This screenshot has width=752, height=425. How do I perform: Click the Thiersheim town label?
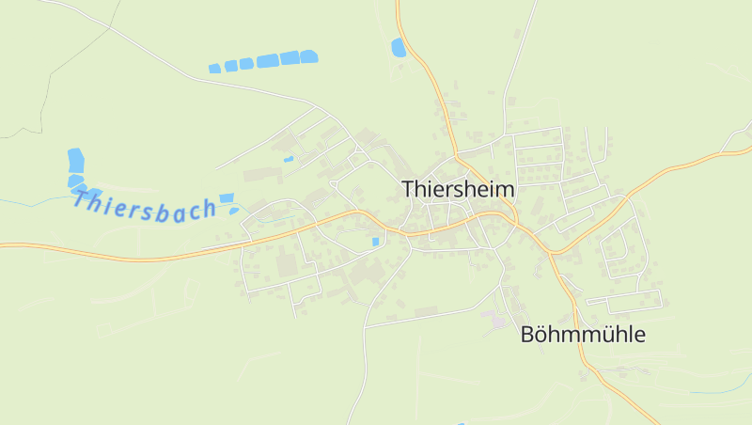[x=458, y=189]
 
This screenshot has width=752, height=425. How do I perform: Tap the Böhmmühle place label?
[x=583, y=334]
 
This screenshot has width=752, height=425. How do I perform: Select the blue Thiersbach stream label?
[x=144, y=206]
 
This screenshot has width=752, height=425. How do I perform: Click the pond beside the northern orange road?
[x=399, y=48]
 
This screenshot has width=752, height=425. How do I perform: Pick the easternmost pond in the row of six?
[x=309, y=56]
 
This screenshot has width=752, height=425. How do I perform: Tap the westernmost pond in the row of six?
[x=214, y=68]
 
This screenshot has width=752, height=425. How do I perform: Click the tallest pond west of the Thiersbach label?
[x=75, y=160]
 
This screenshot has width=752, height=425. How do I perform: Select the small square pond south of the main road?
[x=376, y=242]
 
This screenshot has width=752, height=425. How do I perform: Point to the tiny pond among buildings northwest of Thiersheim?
[x=289, y=159]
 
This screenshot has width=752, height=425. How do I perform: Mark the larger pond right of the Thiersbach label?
[x=226, y=197]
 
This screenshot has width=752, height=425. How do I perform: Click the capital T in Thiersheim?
[x=408, y=189]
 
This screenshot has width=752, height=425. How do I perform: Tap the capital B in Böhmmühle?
[x=527, y=334]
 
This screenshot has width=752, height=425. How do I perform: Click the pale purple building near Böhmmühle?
[x=497, y=322]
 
